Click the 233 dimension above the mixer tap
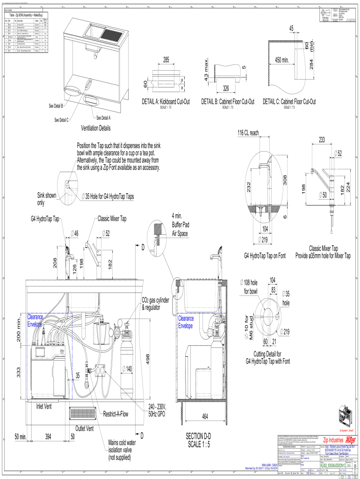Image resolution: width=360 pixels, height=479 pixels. tap(322, 139)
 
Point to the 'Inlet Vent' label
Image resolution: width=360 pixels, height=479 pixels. tap(47, 406)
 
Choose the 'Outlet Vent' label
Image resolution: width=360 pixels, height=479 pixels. tap(85, 428)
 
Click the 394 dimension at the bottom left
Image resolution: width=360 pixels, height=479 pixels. tap(48, 436)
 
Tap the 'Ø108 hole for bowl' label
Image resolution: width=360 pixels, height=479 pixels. tap(249, 286)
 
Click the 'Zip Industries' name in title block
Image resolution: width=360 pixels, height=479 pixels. tap(339, 440)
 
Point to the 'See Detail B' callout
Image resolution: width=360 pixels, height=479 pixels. tap(59, 105)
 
